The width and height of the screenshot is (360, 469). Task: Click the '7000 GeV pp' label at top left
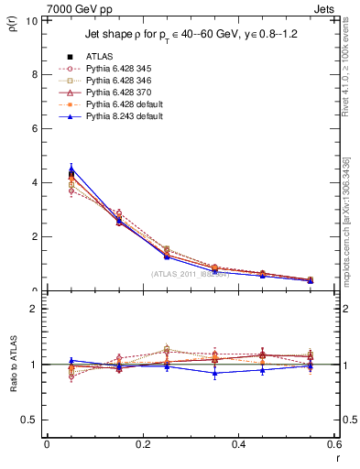(38, 7)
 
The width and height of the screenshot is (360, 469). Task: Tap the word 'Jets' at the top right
(325, 7)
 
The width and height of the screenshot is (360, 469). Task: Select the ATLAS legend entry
(102, 56)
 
